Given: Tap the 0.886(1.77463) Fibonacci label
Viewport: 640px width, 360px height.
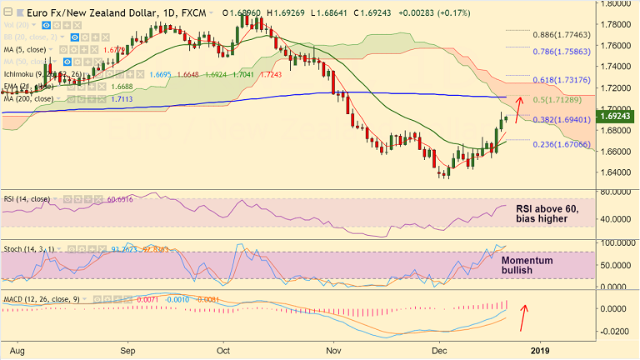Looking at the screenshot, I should tap(562, 34).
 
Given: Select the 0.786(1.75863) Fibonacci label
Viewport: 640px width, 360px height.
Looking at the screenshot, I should tap(562, 50).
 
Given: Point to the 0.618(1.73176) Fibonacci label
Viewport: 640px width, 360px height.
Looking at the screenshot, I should tap(562, 78).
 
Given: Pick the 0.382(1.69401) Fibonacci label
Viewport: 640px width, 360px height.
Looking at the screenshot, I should tap(562, 120).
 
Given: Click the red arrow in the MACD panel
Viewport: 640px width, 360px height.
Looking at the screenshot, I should tap(522, 317).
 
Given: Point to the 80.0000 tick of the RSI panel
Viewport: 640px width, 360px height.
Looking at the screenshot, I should tap(616, 192).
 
